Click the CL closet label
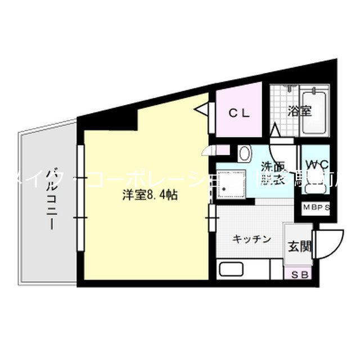pos(239,112)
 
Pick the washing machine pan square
pos(232,183)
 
